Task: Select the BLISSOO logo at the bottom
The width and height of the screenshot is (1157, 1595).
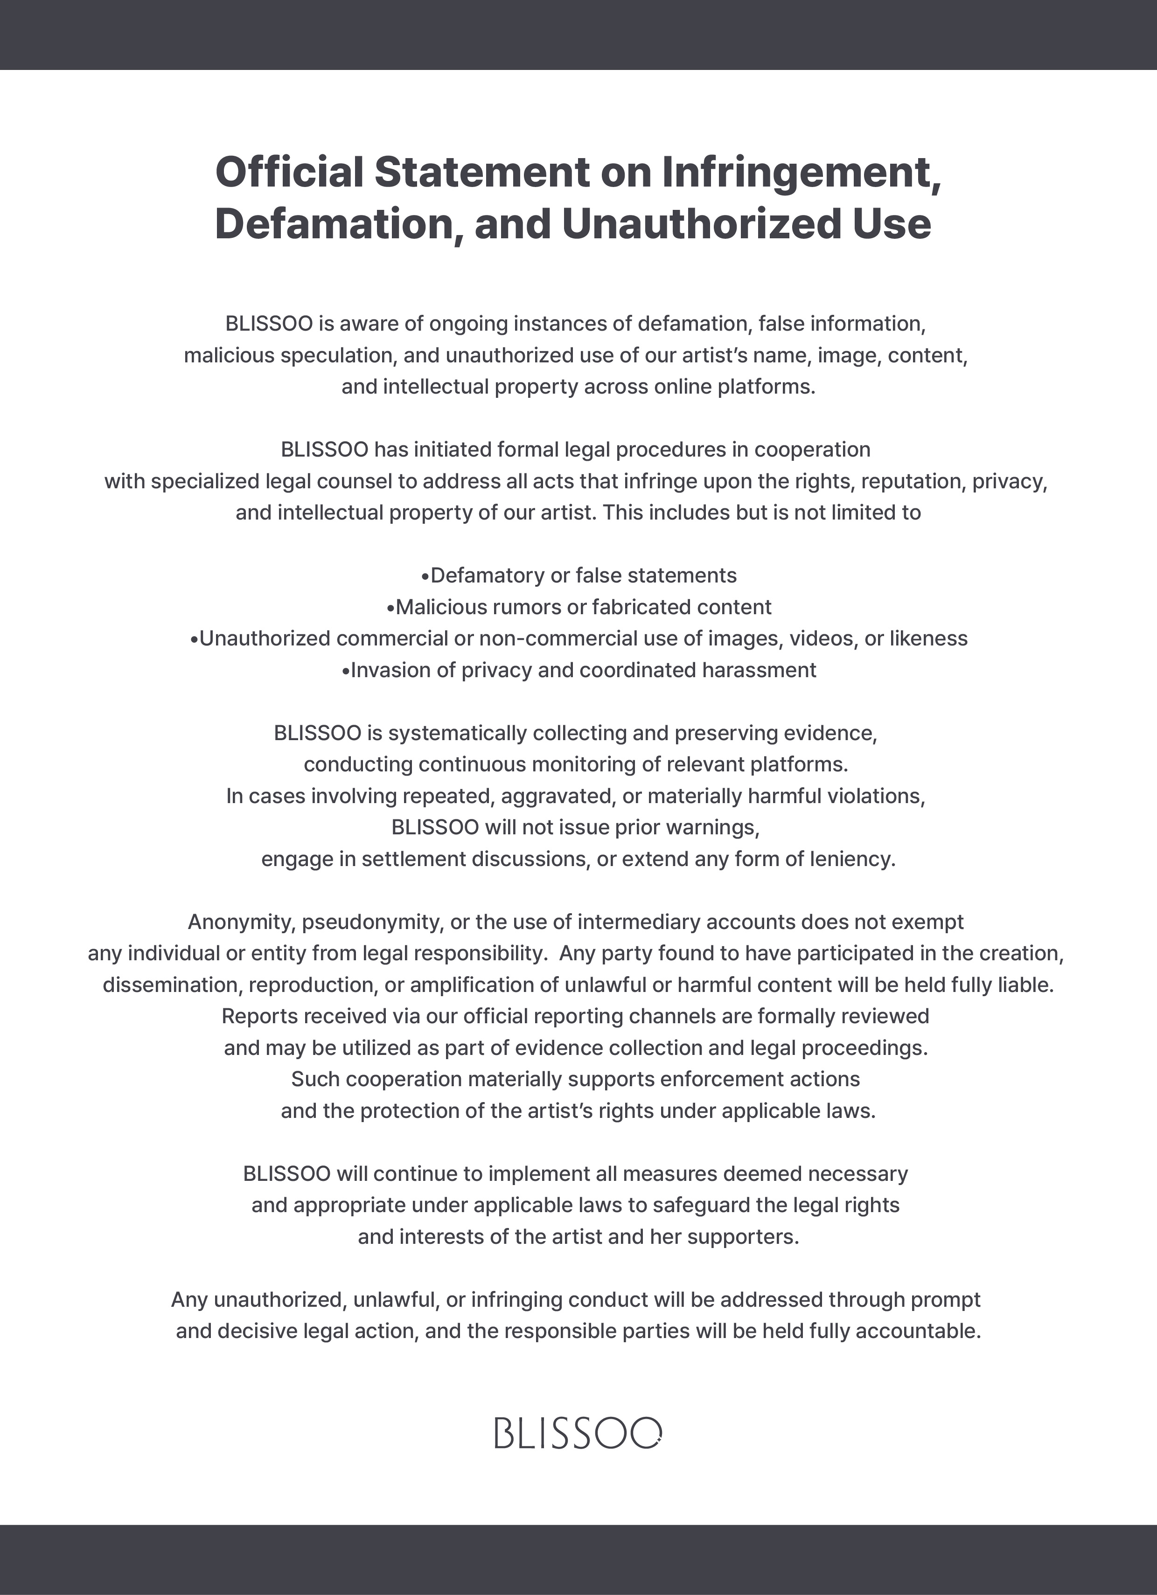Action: [x=578, y=1433]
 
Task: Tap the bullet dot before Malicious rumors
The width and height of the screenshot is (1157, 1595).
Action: [x=390, y=608]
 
